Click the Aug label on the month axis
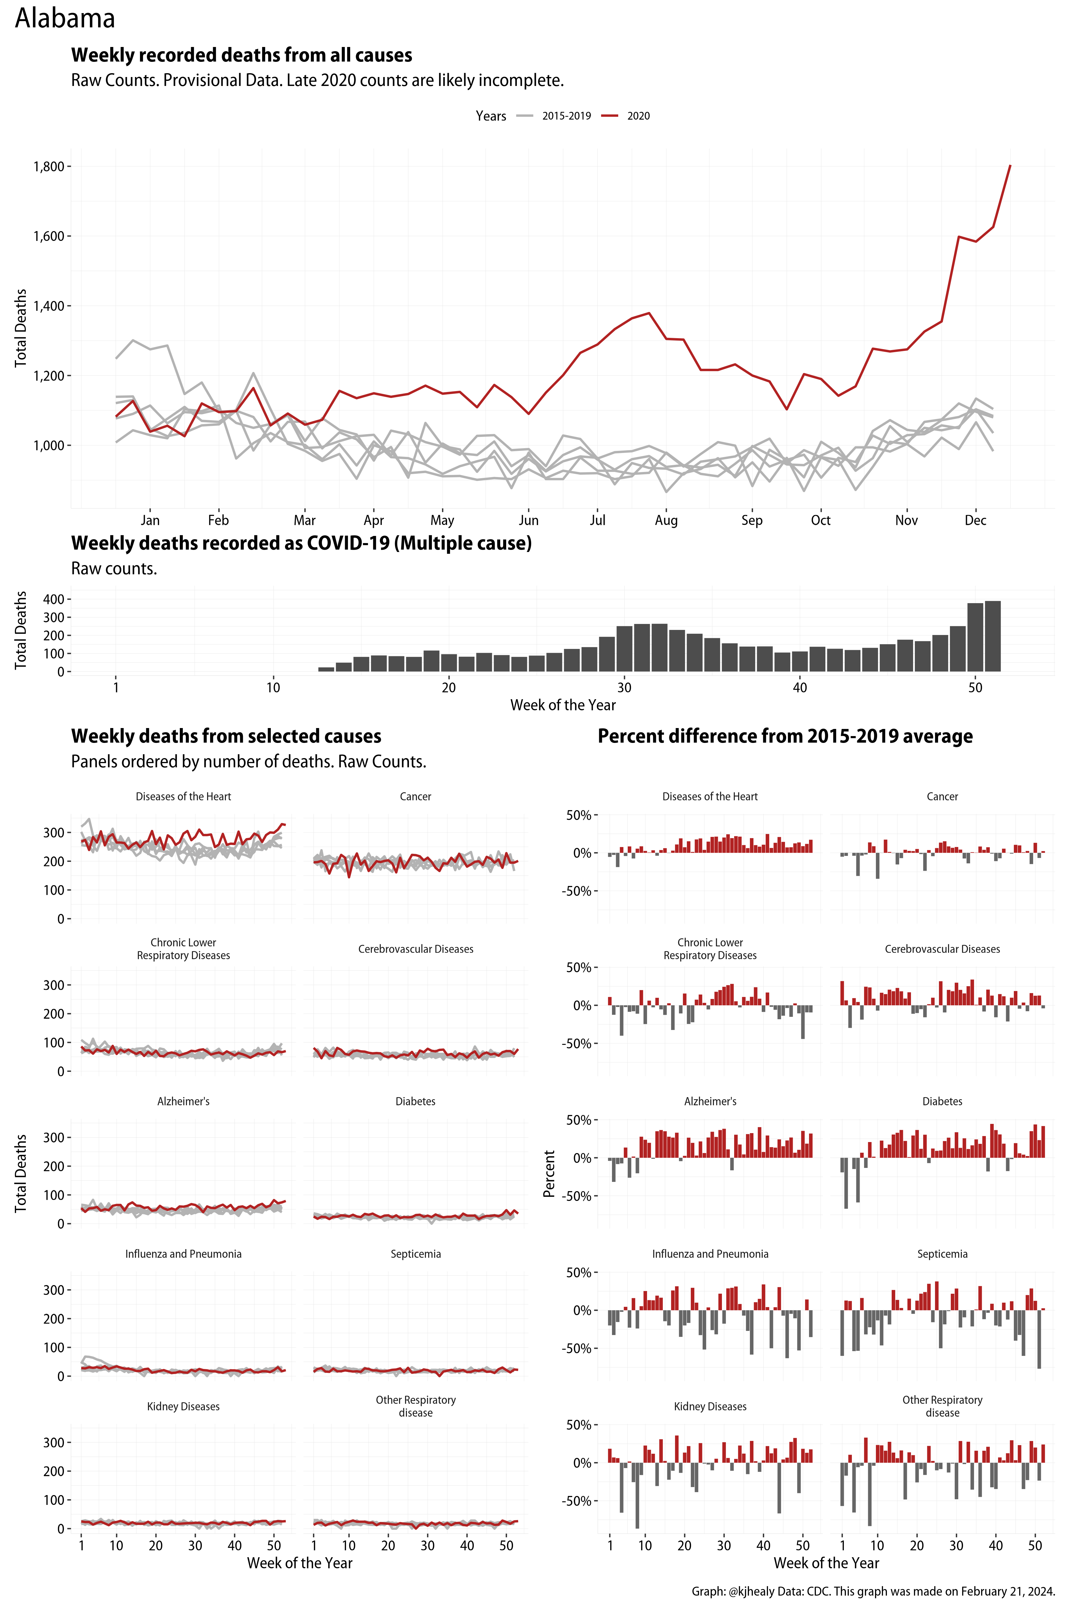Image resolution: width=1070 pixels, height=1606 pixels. coord(666,520)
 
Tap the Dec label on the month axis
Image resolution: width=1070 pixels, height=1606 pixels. coord(975,520)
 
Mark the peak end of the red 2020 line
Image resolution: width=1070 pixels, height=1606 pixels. coord(1010,166)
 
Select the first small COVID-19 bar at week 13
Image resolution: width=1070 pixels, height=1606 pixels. coord(326,669)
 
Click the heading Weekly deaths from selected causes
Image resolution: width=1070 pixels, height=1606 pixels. coord(226,736)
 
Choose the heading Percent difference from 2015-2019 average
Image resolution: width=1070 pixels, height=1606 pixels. coord(785,736)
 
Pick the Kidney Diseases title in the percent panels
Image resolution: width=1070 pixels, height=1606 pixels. coord(710,1406)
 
